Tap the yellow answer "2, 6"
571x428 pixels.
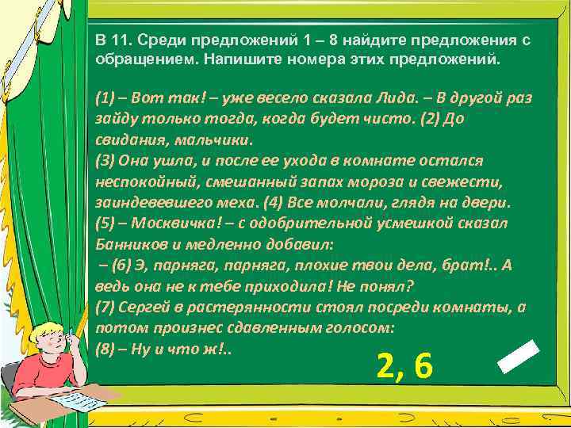[404, 366]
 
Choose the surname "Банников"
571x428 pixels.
[128, 244]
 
